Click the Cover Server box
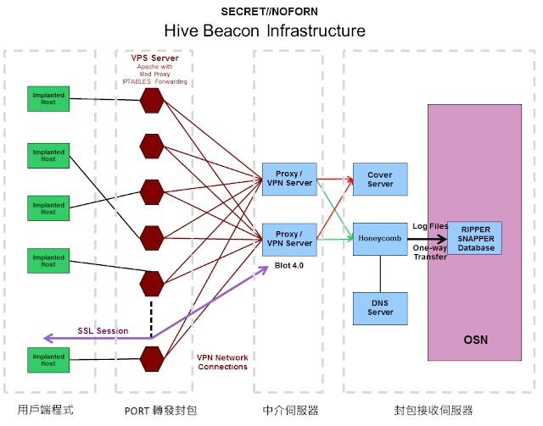click(380, 180)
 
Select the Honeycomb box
click(380, 239)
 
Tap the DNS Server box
click(380, 308)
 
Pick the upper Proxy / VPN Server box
click(289, 179)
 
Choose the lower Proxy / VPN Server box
click(289, 240)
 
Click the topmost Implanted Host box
click(48, 99)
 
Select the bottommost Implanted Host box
click(48, 360)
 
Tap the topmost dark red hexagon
click(152, 100)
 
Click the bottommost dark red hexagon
click(152, 359)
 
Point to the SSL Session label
click(103, 331)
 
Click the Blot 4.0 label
click(289, 266)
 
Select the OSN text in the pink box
click(475, 340)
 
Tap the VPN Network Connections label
click(222, 362)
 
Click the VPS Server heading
click(154, 58)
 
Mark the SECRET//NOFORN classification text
click(270, 12)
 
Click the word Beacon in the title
click(231, 30)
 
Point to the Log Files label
click(430, 226)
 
